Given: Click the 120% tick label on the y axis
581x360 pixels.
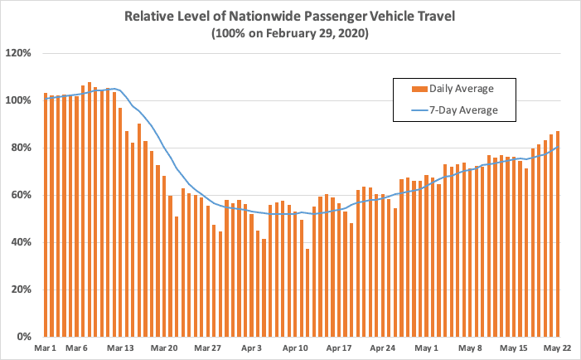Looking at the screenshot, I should tap(19, 53).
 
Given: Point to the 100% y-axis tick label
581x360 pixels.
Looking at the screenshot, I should tap(19, 100).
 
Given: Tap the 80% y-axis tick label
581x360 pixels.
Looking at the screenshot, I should tap(22, 148).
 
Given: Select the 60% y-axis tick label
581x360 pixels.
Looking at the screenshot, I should tap(22, 195).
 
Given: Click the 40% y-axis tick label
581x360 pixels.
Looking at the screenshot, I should tap(22, 242).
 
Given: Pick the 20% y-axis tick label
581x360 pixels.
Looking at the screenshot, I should tap(22, 289).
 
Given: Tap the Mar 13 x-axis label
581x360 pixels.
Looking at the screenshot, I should tap(120, 348).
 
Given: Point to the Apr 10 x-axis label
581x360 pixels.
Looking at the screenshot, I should tap(295, 348).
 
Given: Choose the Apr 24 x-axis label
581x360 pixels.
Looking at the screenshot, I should tap(383, 348).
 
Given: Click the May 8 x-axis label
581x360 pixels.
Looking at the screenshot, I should tap(470, 348).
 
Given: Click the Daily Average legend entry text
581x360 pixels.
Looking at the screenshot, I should tap(463, 89).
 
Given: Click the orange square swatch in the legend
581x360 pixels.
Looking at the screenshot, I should tap(418, 89).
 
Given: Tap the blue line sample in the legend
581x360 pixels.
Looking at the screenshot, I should tap(418, 109).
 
